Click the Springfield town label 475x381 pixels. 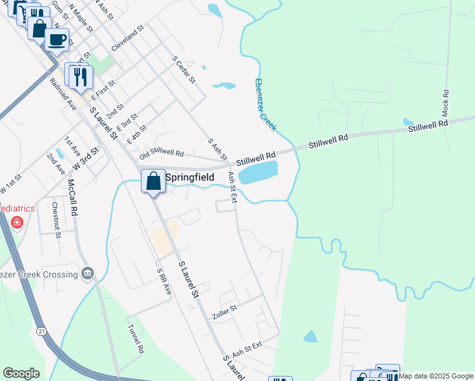click(x=189, y=178)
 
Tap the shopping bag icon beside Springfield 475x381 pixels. click(x=154, y=180)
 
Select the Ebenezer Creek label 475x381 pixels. click(x=265, y=105)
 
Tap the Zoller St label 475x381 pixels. click(x=224, y=309)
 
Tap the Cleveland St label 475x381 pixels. click(x=128, y=39)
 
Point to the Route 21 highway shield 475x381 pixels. click(x=42, y=331)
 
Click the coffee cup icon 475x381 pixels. click(x=57, y=39)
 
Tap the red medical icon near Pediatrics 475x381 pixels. click(x=17, y=223)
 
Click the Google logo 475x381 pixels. click(x=21, y=373)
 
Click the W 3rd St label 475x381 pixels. click(x=87, y=157)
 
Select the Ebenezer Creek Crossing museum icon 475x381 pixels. click(x=87, y=274)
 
